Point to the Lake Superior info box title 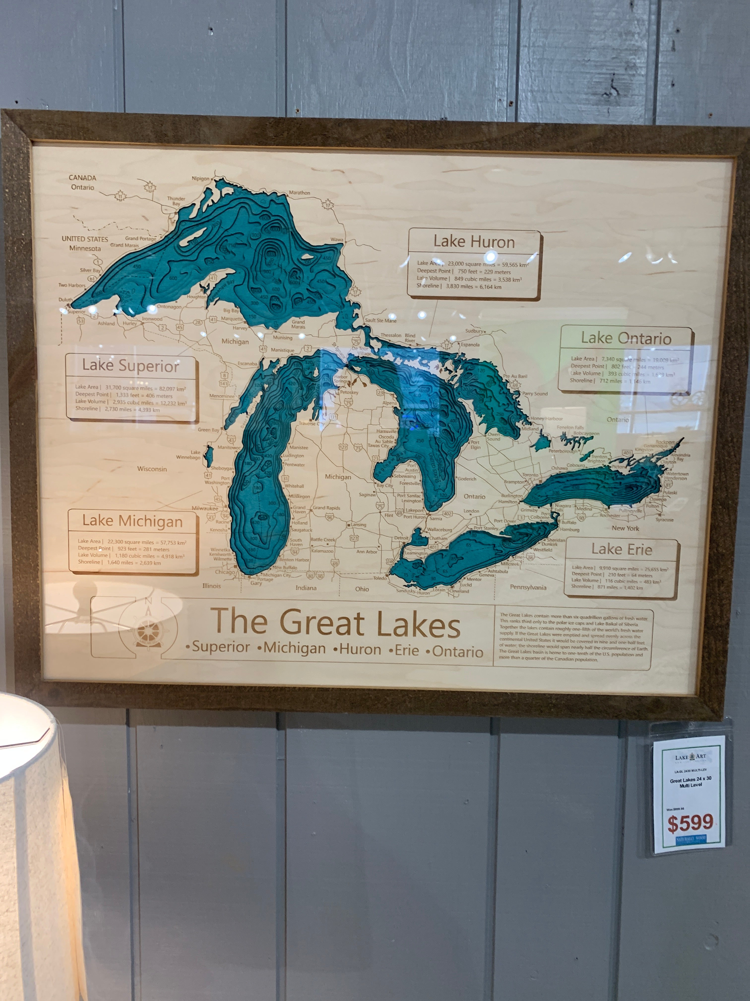pyautogui.click(x=131, y=366)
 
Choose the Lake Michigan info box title pyautogui.click(x=132, y=521)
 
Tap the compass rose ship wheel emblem pyautogui.click(x=148, y=629)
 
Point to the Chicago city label pyautogui.click(x=225, y=572)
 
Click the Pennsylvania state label pyautogui.click(x=528, y=587)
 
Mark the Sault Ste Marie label pyautogui.click(x=381, y=321)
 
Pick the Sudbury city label pyautogui.click(x=474, y=331)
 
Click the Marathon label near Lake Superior pyautogui.click(x=299, y=193)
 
